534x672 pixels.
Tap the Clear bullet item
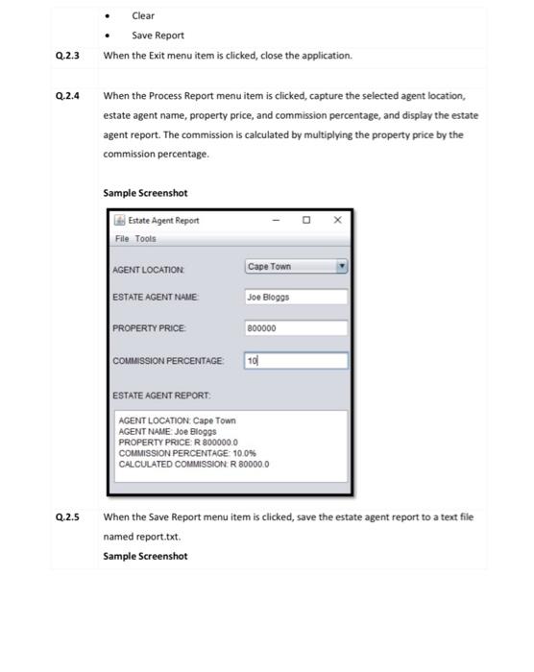pos(143,15)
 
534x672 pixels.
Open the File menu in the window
pos(121,238)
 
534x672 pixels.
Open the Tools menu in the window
pos(144,238)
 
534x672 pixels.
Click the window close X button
pos(337,220)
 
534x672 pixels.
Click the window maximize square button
pos(306,220)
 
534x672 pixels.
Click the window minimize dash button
pos(276,220)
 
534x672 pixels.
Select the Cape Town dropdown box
pos(289,267)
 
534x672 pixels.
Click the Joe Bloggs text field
pos(295,298)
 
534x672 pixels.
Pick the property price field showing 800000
pos(295,328)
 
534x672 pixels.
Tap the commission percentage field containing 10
pos(295,361)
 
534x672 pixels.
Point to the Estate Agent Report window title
pos(163,220)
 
